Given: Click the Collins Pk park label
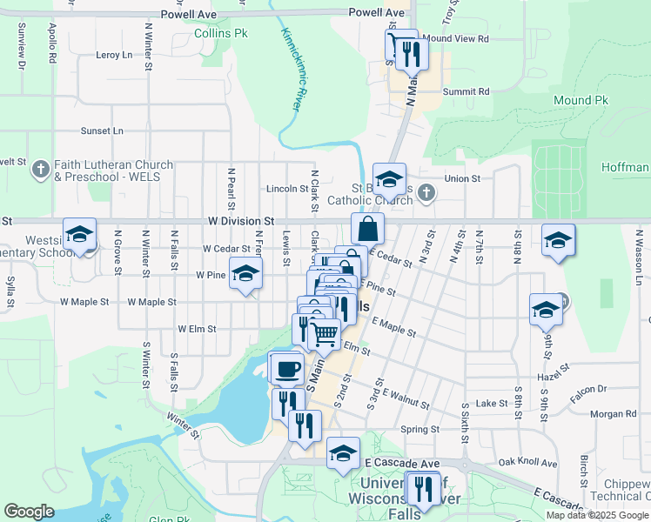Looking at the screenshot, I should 221,33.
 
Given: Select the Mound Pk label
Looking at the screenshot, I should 581,101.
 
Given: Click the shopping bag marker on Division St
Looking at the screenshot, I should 368,230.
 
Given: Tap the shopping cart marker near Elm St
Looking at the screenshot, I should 325,333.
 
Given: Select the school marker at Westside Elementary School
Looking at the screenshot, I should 79,235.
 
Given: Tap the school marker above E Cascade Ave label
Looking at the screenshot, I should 344,452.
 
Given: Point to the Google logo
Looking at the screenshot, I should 29,511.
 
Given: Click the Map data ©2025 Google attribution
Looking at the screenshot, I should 596,515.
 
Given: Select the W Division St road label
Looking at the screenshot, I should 241,222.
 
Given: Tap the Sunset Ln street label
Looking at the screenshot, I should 103,130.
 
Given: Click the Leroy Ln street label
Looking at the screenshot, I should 114,55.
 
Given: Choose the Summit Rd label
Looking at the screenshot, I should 466,91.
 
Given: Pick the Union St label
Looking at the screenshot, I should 463,178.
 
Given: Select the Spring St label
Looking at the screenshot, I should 419,430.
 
